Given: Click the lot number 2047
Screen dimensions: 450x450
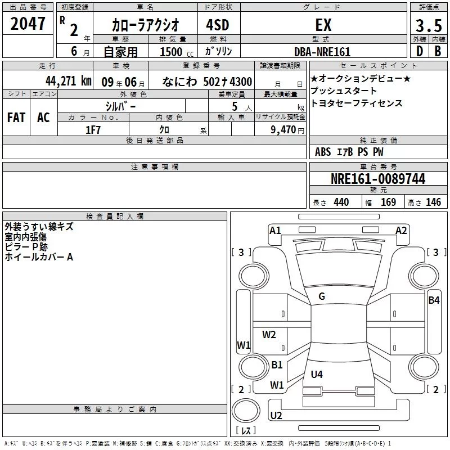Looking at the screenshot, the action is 28,24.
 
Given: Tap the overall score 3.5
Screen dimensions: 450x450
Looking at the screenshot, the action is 429,25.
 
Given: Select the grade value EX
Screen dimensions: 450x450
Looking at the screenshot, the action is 323,25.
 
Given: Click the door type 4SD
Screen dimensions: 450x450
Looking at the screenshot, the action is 218,25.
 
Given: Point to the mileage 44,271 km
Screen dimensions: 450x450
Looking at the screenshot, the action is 69,81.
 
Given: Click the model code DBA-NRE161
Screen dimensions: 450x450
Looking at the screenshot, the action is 322,52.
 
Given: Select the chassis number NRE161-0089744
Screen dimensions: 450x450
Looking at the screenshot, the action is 378,179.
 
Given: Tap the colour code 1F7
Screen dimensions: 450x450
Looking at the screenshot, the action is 93,130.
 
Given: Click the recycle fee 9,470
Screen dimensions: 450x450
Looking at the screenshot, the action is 283,130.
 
